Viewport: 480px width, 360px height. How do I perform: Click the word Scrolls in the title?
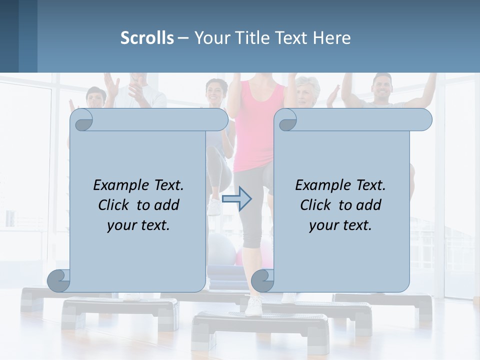click(147, 38)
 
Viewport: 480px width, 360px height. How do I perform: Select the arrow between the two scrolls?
click(236, 198)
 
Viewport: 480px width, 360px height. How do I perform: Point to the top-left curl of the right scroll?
click(287, 120)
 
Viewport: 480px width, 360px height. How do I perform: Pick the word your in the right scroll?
click(322, 225)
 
